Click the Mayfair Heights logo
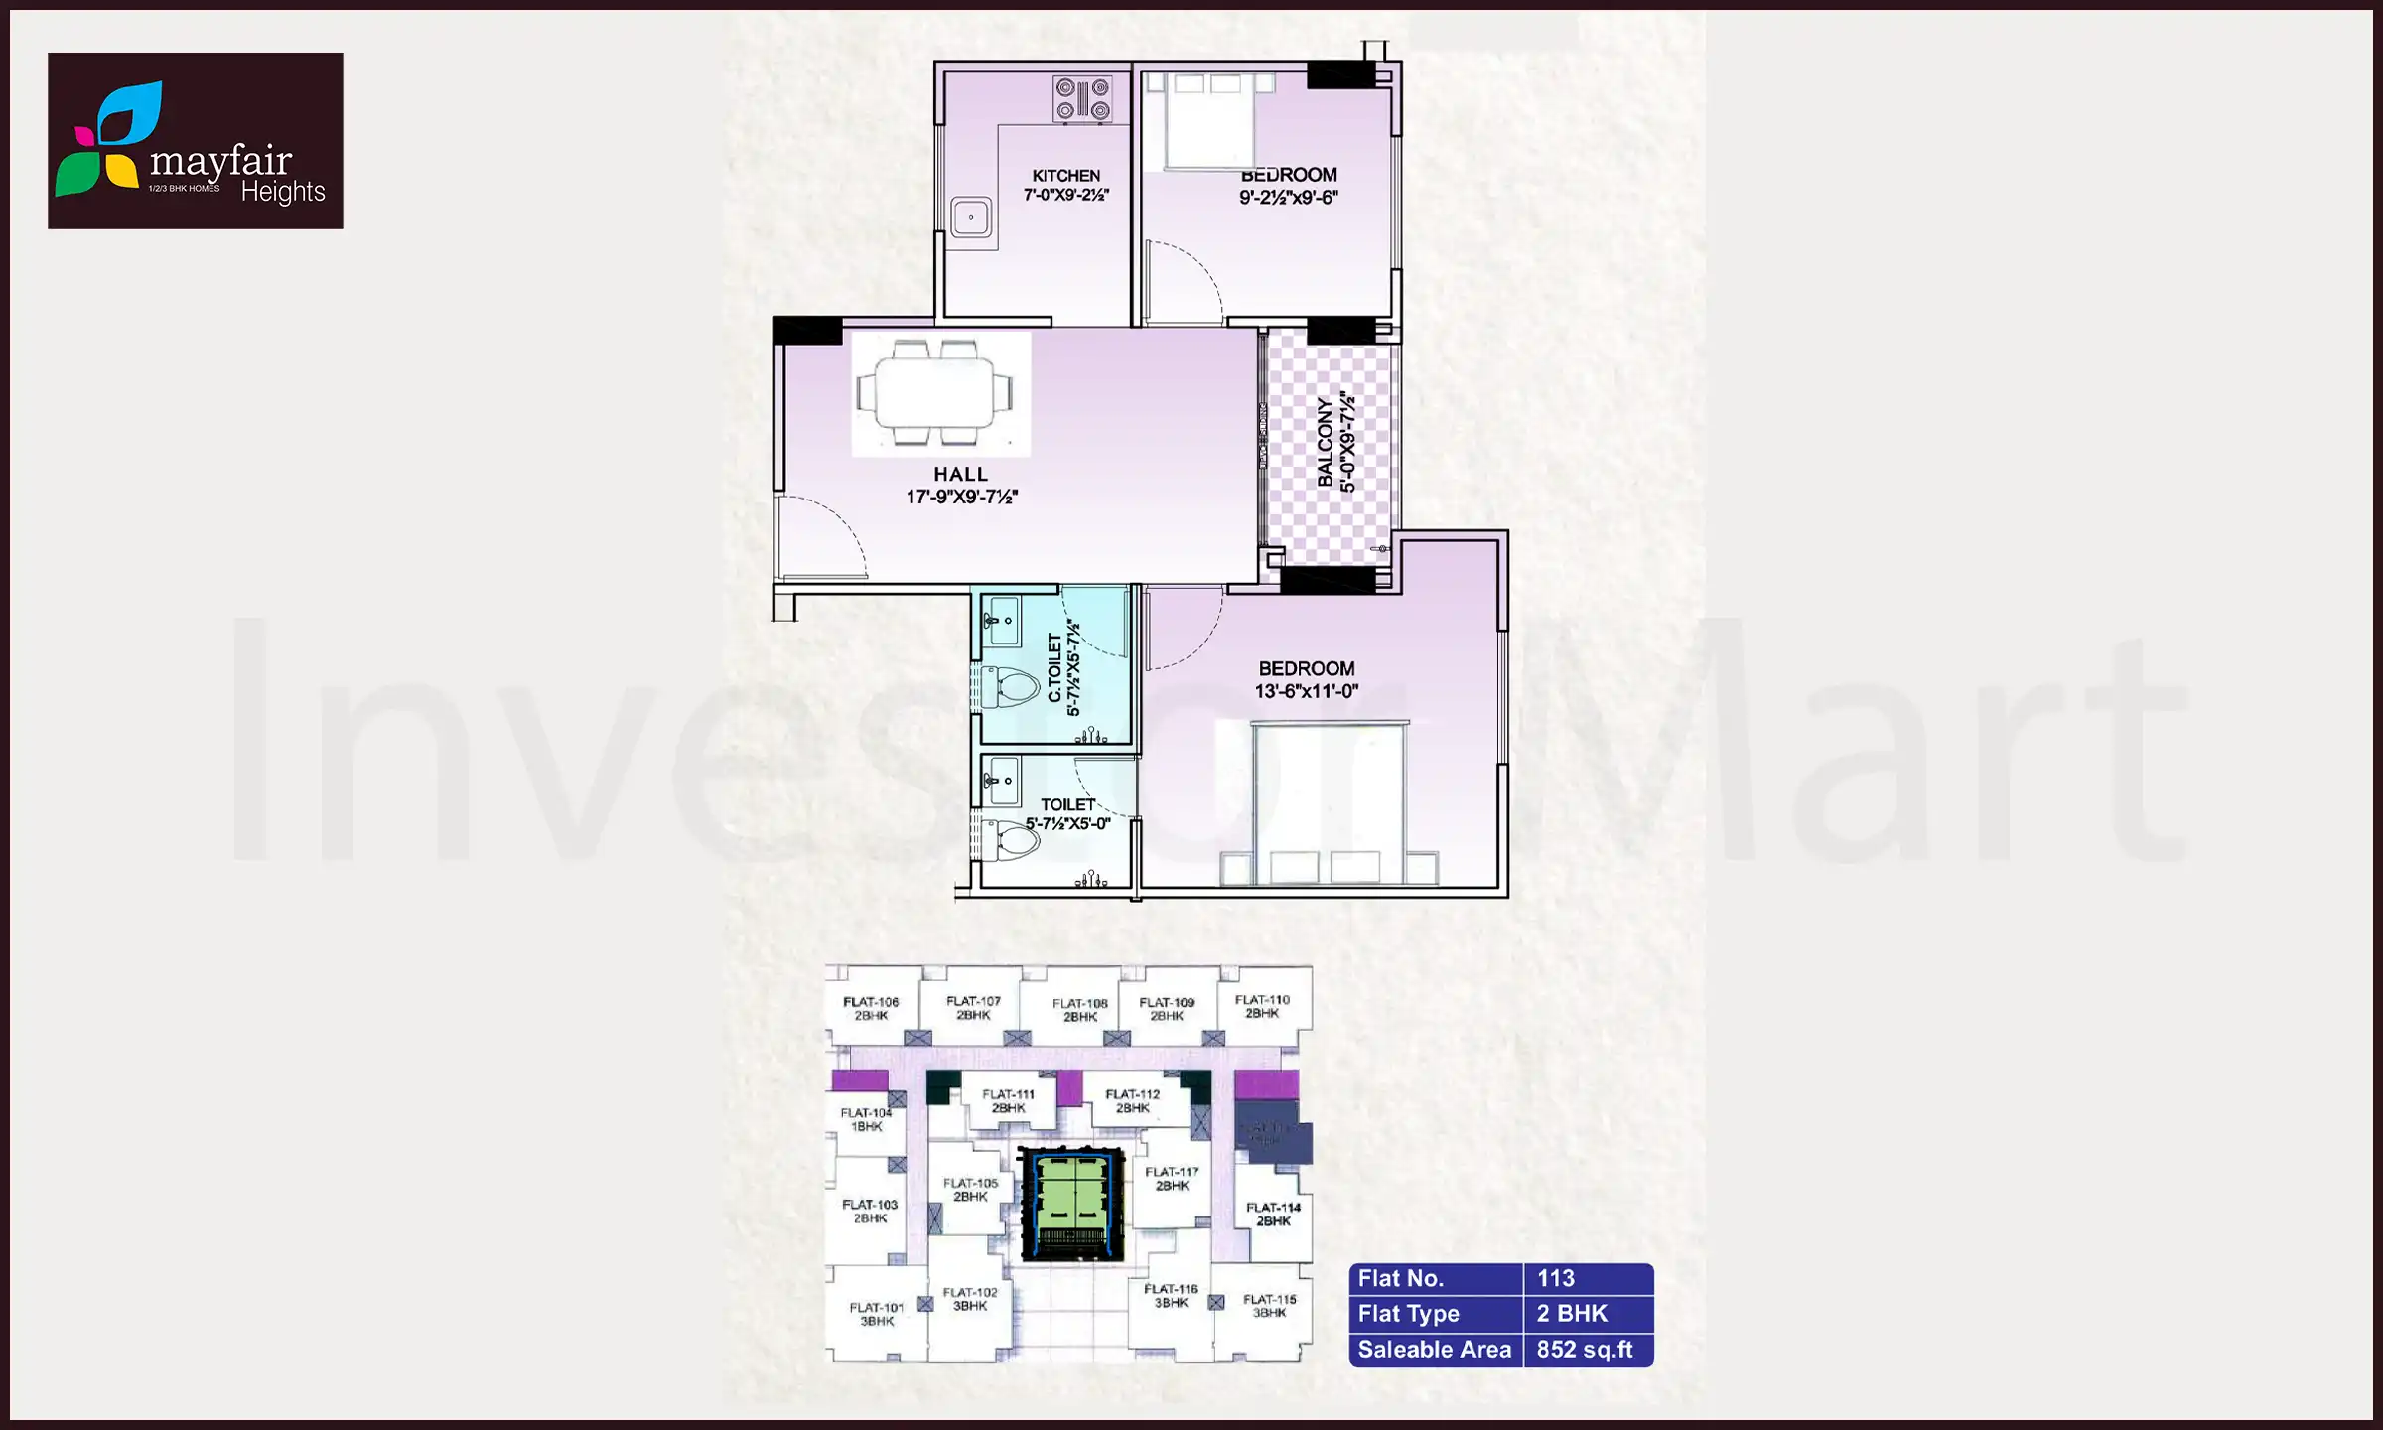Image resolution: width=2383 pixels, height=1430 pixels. click(x=195, y=141)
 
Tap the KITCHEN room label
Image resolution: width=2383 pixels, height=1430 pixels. click(x=1065, y=176)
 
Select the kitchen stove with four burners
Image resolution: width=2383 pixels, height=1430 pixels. click(x=1082, y=100)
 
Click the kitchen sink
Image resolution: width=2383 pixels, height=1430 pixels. click(x=970, y=218)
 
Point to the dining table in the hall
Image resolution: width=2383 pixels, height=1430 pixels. click(x=934, y=393)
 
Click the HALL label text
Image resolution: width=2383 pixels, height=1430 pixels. click(x=960, y=475)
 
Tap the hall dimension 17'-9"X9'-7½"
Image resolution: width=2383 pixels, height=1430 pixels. click(x=961, y=497)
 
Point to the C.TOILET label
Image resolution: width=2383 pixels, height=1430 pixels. click(x=1054, y=668)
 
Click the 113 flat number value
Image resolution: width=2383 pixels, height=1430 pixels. click(x=1556, y=1279)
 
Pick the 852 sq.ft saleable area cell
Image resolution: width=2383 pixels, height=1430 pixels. click(x=1585, y=1350)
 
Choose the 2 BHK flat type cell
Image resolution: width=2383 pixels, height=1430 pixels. click(x=1572, y=1314)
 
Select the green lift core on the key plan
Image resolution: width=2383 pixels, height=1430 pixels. click(x=1071, y=1204)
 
